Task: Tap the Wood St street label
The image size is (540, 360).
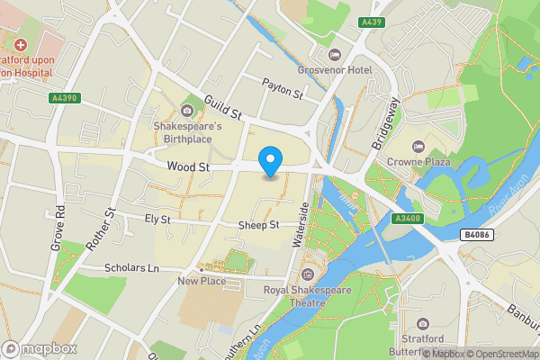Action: (188, 166)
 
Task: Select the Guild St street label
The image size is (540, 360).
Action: (224, 109)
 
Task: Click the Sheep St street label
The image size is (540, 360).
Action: (259, 225)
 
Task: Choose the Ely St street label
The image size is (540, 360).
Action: (157, 219)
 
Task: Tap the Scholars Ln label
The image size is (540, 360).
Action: (131, 268)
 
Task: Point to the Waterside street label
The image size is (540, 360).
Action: (301, 225)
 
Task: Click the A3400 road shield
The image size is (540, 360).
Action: (408, 217)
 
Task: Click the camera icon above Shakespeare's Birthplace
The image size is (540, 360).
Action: (187, 111)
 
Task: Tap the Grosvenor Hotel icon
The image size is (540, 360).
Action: (335, 56)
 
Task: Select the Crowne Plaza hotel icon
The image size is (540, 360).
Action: (417, 146)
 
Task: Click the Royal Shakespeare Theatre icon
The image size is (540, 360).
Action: (308, 274)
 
